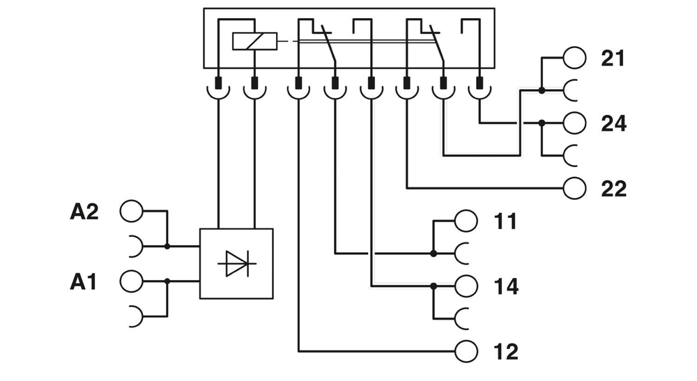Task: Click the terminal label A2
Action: (84, 212)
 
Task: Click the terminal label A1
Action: (84, 282)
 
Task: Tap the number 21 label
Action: (614, 59)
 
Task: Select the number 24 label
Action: (614, 123)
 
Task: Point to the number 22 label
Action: (614, 188)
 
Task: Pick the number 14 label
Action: (505, 286)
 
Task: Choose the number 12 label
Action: (505, 351)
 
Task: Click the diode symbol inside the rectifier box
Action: (236, 264)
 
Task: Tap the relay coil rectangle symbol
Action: (250, 42)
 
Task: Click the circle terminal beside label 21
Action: (575, 58)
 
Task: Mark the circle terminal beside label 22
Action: (575, 187)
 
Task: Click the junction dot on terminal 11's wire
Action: (434, 253)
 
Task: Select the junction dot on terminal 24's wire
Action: (542, 123)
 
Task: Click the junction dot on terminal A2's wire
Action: (167, 246)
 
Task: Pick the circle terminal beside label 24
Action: (575, 123)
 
